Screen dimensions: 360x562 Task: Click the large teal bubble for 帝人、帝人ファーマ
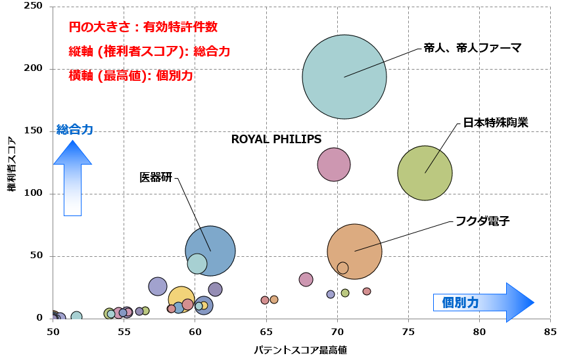pyautogui.click(x=344, y=77)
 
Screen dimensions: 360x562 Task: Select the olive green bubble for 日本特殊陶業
pyautogui.click(x=425, y=173)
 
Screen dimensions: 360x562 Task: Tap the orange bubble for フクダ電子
pyautogui.click(x=354, y=251)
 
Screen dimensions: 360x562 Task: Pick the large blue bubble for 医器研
pyautogui.click(x=210, y=250)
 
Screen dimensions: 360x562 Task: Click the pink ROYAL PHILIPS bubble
pyautogui.click(x=334, y=164)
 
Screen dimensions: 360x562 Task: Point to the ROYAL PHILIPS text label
pyautogui.click(x=276, y=139)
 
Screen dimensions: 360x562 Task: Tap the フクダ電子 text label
pyautogui.click(x=483, y=221)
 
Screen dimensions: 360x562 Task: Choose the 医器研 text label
pyautogui.click(x=156, y=177)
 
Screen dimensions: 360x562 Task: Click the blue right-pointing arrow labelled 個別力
pyautogui.click(x=483, y=302)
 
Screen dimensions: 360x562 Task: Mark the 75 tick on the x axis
pyautogui.click(x=408, y=332)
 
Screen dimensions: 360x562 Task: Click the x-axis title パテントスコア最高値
pyautogui.click(x=300, y=350)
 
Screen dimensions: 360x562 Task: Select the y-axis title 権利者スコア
pyautogui.click(x=11, y=164)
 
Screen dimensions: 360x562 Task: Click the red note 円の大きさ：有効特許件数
pyautogui.click(x=143, y=28)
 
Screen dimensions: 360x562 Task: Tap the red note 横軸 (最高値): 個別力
pyautogui.click(x=131, y=76)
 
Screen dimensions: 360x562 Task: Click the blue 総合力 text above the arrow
pyautogui.click(x=75, y=130)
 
